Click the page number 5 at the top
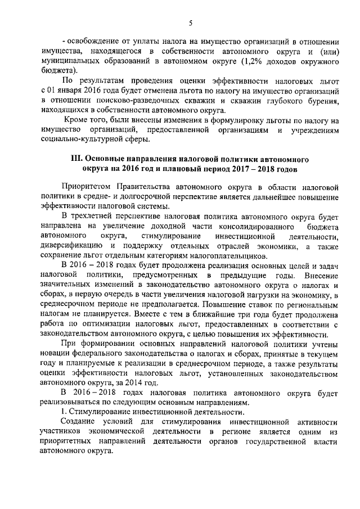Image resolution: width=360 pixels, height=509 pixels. point(191,22)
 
